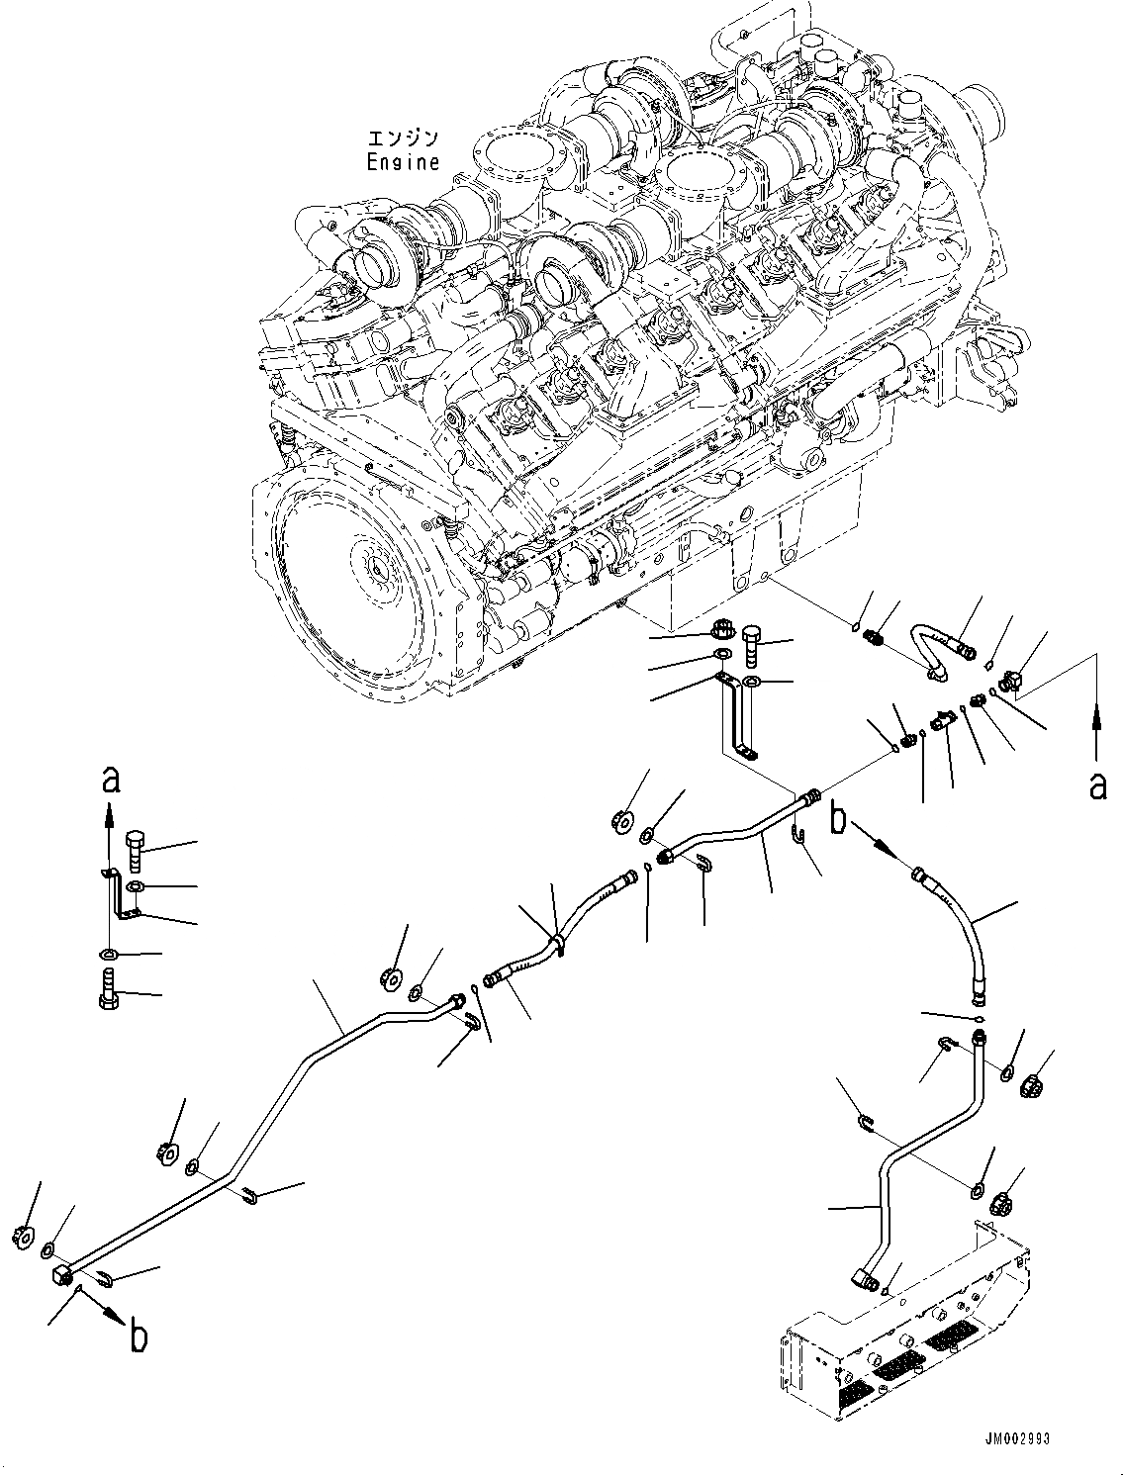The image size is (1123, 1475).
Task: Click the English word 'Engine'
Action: [403, 163]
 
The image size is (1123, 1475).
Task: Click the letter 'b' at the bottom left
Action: [140, 1337]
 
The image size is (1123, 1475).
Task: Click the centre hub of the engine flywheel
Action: [380, 569]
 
